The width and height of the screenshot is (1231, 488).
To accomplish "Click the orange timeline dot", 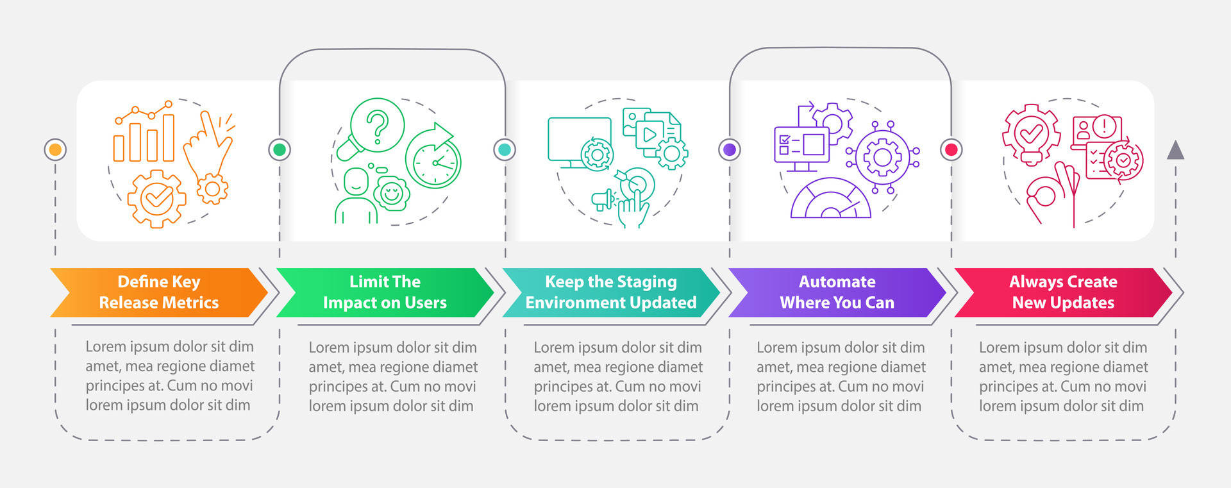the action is (55, 149).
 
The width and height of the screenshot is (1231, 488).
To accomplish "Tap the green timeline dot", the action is (280, 149).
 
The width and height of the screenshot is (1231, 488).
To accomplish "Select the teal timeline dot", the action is (505, 149).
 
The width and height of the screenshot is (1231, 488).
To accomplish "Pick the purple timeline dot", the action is (729, 149).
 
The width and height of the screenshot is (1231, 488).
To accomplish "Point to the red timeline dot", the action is (951, 149).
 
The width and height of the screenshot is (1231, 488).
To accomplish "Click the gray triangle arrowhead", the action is (1175, 151).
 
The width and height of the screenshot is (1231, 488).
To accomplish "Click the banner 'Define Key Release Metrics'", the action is (158, 292).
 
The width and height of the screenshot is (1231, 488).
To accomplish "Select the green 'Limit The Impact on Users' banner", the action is (385, 292).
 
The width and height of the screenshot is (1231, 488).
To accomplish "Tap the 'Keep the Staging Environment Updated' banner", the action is (610, 292).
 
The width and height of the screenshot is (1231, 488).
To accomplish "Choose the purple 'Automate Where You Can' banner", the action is (837, 292).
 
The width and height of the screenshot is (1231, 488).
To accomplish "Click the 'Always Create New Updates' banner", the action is (1063, 292).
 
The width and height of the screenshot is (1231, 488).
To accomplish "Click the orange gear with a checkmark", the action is (156, 199).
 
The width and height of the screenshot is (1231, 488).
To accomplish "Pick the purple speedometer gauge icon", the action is (830, 199).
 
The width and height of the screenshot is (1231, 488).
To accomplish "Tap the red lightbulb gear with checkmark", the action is (1031, 135).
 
